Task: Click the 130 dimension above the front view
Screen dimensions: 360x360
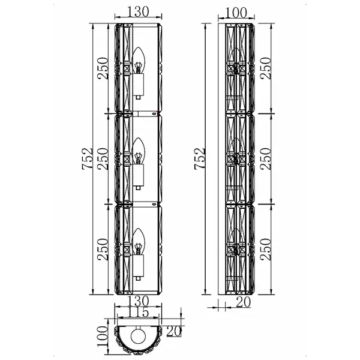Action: pyautogui.click(x=138, y=11)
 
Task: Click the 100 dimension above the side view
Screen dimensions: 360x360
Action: pyautogui.click(x=236, y=13)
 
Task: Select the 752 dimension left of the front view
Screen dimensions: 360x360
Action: pyautogui.click(x=88, y=158)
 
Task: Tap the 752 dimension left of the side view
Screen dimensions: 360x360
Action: pyautogui.click(x=200, y=158)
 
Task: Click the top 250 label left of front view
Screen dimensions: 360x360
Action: pyautogui.click(x=103, y=68)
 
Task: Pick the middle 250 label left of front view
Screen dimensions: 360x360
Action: pyautogui.click(x=103, y=158)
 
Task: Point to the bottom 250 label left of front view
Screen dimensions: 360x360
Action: pyautogui.click(x=103, y=249)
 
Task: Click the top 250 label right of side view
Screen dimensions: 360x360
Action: pyautogui.click(x=266, y=68)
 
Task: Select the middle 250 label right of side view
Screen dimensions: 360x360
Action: pyautogui.click(x=266, y=158)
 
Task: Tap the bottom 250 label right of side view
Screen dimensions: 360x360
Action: pyautogui.click(x=266, y=249)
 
